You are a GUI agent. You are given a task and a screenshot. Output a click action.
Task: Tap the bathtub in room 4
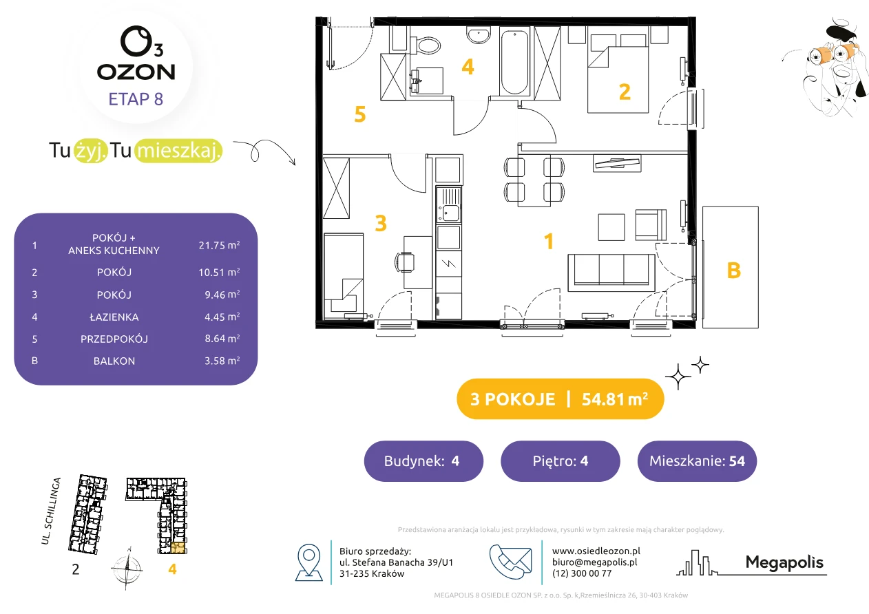click(x=514, y=62)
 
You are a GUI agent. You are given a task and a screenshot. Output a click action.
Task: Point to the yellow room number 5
click(x=360, y=114)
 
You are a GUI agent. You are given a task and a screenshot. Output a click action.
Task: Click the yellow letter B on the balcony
click(x=733, y=271)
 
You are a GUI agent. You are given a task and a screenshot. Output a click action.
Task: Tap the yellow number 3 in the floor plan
click(x=381, y=223)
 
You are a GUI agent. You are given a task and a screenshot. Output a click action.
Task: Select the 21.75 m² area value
click(x=219, y=245)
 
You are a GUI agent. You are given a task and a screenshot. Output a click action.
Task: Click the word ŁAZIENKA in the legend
click(x=114, y=317)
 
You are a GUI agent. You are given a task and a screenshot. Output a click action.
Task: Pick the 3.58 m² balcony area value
click(x=222, y=361)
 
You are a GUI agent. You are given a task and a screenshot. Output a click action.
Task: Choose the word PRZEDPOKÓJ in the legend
click(x=114, y=339)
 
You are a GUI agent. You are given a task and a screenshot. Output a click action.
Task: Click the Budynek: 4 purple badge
click(x=423, y=460)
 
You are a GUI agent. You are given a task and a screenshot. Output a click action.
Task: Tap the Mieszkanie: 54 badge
click(x=697, y=460)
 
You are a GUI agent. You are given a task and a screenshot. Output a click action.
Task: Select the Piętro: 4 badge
click(x=561, y=460)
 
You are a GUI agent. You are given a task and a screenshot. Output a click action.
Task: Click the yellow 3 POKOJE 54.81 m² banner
click(x=561, y=399)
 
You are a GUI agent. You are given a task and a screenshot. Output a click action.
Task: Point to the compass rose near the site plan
click(x=127, y=569)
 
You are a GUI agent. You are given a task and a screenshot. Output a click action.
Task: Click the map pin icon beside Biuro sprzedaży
click(x=308, y=562)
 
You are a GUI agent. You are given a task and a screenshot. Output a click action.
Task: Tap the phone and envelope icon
click(x=510, y=561)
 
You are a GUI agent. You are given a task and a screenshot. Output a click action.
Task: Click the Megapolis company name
click(x=784, y=562)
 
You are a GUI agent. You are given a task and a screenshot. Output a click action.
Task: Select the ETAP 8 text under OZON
click(x=136, y=99)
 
